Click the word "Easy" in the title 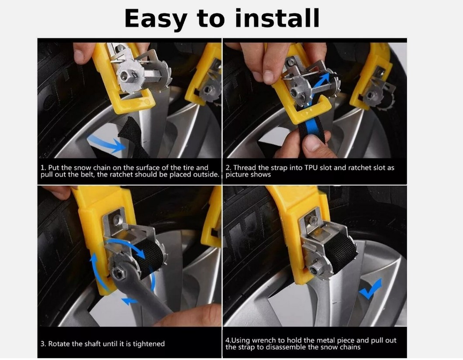point(155,19)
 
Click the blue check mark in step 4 point(370,289)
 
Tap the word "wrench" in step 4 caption point(264,340)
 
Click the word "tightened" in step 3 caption point(149,344)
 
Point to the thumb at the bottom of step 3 point(189,316)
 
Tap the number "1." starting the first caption point(43,168)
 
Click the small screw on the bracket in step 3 point(117,219)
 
